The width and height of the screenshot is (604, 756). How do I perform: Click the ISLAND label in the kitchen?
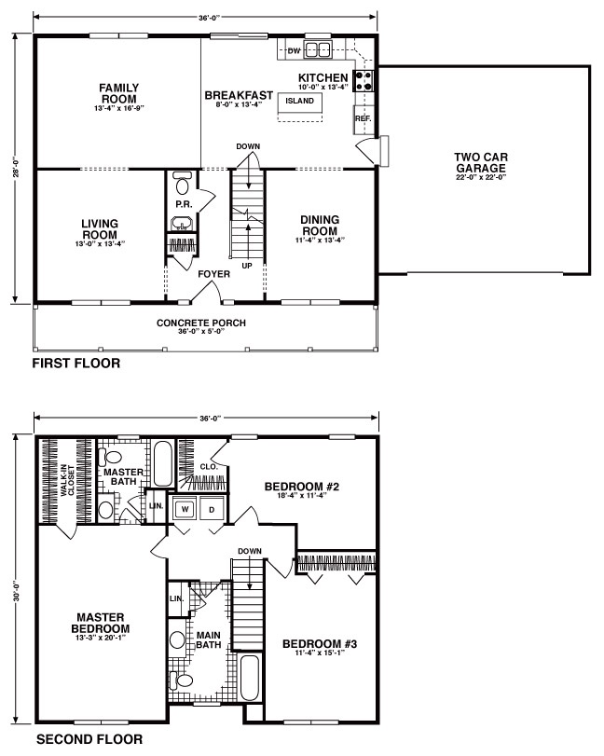click(299, 101)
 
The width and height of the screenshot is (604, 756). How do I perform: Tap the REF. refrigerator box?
click(364, 119)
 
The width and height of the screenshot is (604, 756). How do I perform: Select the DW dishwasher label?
click(294, 50)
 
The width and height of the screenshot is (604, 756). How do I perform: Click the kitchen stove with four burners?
click(364, 80)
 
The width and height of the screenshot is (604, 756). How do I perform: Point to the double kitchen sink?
click(317, 49)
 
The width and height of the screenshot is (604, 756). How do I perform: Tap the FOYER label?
click(214, 274)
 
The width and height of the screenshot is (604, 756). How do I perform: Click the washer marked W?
click(185, 509)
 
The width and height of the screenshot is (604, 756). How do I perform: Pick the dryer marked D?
click(212, 509)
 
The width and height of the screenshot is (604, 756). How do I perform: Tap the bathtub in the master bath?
click(163, 464)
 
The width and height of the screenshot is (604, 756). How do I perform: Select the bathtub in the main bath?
click(250, 678)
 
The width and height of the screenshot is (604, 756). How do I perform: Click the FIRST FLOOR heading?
click(76, 363)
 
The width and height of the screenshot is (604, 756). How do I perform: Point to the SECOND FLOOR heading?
click(89, 739)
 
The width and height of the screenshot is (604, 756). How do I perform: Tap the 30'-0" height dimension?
click(16, 592)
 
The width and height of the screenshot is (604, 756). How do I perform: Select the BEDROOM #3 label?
click(320, 643)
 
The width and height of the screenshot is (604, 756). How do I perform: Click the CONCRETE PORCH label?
click(201, 323)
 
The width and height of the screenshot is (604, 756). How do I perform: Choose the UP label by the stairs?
click(247, 266)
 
